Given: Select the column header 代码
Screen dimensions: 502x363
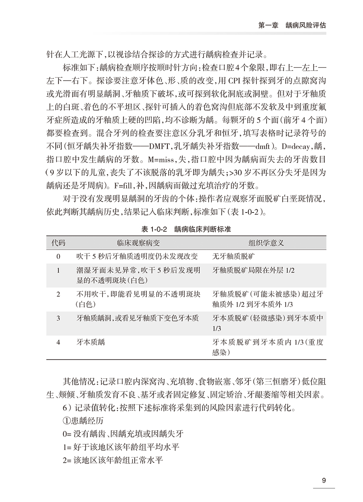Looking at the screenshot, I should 58,244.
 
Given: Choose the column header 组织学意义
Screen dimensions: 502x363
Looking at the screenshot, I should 266,244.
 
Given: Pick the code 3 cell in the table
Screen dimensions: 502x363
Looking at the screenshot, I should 58,318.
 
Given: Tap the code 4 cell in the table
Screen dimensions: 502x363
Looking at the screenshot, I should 58,342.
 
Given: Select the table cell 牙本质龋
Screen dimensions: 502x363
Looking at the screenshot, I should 90,342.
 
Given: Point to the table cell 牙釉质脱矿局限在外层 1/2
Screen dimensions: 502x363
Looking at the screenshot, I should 253,270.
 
